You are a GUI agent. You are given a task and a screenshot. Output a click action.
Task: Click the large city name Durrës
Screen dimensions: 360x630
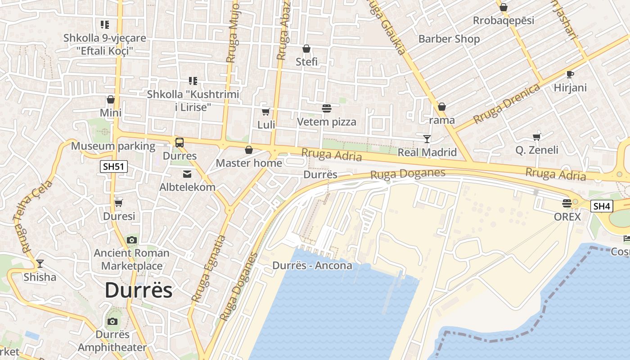(139, 291)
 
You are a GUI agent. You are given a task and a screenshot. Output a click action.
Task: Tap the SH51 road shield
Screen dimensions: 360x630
(113, 167)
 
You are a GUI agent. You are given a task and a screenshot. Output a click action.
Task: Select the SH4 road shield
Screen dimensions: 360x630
(601, 207)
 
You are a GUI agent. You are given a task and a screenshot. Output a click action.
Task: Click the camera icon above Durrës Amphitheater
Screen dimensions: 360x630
(112, 321)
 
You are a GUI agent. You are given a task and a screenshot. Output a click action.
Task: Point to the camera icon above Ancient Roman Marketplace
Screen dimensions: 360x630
(131, 240)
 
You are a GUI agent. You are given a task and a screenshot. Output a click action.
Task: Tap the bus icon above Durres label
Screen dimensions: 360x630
(180, 143)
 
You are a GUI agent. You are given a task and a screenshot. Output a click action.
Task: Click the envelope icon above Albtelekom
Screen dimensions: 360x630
(187, 174)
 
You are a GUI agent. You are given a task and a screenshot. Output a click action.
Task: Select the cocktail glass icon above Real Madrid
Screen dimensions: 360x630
(427, 139)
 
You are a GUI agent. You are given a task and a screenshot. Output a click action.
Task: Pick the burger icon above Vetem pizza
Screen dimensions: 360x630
(326, 108)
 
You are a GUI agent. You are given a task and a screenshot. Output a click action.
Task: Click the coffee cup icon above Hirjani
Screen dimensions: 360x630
(570, 74)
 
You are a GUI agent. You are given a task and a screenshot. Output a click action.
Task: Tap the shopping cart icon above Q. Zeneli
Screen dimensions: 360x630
(536, 137)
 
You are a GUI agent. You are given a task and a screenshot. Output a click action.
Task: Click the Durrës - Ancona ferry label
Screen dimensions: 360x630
(312, 265)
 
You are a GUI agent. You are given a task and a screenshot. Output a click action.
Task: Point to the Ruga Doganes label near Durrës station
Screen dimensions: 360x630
(407, 173)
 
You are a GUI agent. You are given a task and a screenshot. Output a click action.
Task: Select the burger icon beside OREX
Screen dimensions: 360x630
(567, 203)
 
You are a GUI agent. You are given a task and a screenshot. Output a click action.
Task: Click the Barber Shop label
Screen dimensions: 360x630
(449, 39)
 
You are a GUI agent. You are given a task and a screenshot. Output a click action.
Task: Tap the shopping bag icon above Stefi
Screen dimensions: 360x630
(306, 49)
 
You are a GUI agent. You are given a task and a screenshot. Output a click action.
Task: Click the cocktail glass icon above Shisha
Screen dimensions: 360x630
(40, 264)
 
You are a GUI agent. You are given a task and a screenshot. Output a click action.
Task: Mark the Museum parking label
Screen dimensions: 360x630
(113, 146)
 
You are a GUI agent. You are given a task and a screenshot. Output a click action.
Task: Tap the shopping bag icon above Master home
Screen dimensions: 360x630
(248, 150)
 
